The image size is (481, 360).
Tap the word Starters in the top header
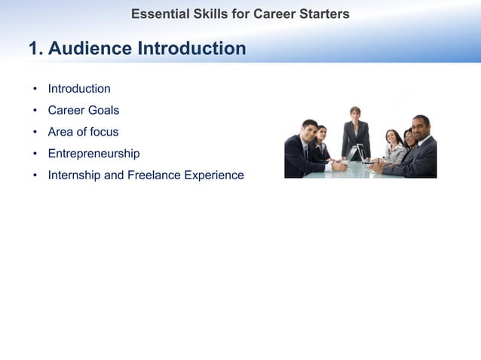[x=323, y=14]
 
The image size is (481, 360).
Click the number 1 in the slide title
[x=34, y=49]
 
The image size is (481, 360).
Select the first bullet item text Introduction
[x=79, y=89]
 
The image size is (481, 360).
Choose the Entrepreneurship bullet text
[x=93, y=154]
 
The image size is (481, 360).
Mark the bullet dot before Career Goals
[x=35, y=111]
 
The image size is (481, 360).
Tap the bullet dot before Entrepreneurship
[x=35, y=154]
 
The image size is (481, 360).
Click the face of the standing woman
[x=355, y=114]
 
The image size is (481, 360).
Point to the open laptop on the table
[x=354, y=154]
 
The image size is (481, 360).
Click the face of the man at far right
[x=420, y=125]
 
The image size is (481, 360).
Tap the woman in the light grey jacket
[x=394, y=148]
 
